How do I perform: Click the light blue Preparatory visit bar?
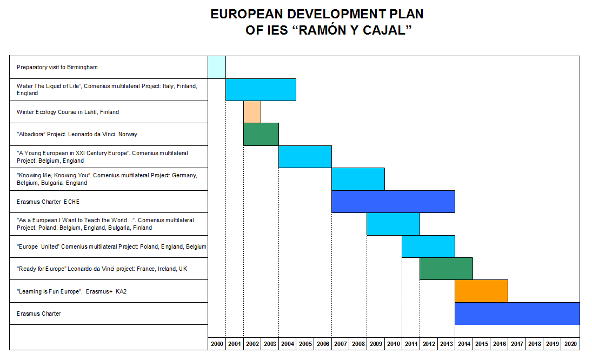pos(217,67)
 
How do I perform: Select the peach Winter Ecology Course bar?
pos(252,112)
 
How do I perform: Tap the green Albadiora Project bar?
pos(261,134)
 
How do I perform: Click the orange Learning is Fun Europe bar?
pos(481,291)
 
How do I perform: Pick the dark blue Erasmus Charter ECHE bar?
pos(393,201)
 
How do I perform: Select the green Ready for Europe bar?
pos(446,269)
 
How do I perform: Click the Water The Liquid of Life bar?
pos(261,89)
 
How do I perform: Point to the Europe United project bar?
pos(428,246)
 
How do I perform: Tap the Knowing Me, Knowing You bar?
pos(358,179)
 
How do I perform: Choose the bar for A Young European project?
pos(305,157)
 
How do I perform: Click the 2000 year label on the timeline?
pos(217,344)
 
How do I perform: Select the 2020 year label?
pos(570,344)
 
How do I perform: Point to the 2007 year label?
pos(341,344)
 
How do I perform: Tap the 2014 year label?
pos(464,344)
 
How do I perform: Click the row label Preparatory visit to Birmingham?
pos(57,67)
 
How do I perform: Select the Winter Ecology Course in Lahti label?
pos(68,112)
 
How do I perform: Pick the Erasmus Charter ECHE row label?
pos(48,202)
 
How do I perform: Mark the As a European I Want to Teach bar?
pos(393,224)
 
